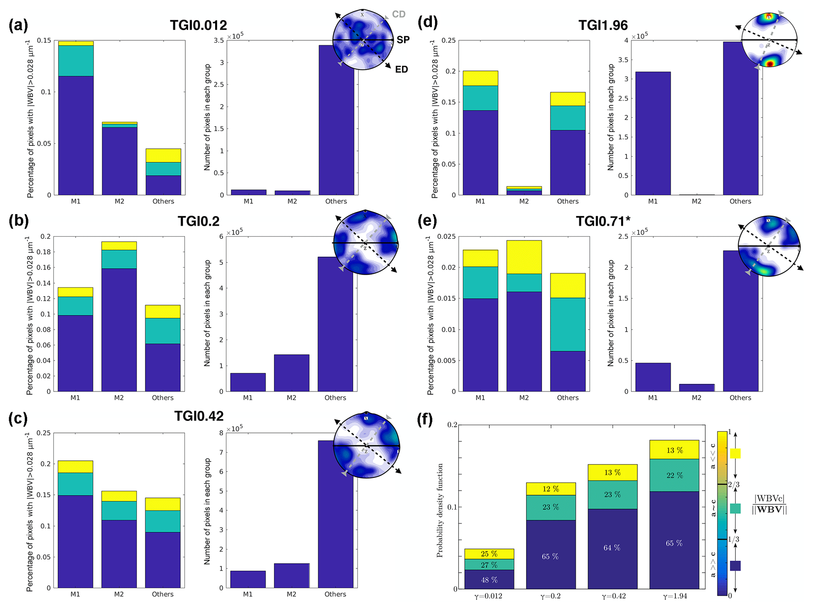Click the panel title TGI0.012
pos(198,26)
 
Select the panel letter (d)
pos(428,22)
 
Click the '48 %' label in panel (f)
pos(489,580)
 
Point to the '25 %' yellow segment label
pos(489,554)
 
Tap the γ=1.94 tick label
pos(674,596)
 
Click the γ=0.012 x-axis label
pos(488,596)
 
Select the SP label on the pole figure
pos(403,40)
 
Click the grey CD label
pos(398,14)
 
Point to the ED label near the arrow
pos(402,70)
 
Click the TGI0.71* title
pos(603,222)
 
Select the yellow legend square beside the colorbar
pos(735,453)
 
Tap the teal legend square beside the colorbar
pos(735,508)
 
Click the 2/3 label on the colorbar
pos(734,485)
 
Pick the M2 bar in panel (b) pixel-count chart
pos(291,373)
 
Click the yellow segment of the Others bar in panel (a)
pos(163,156)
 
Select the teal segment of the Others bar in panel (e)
pos(568,325)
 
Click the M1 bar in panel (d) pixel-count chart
pos(653,133)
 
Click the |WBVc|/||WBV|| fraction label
pos(769,504)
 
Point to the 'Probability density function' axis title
pos(440,510)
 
